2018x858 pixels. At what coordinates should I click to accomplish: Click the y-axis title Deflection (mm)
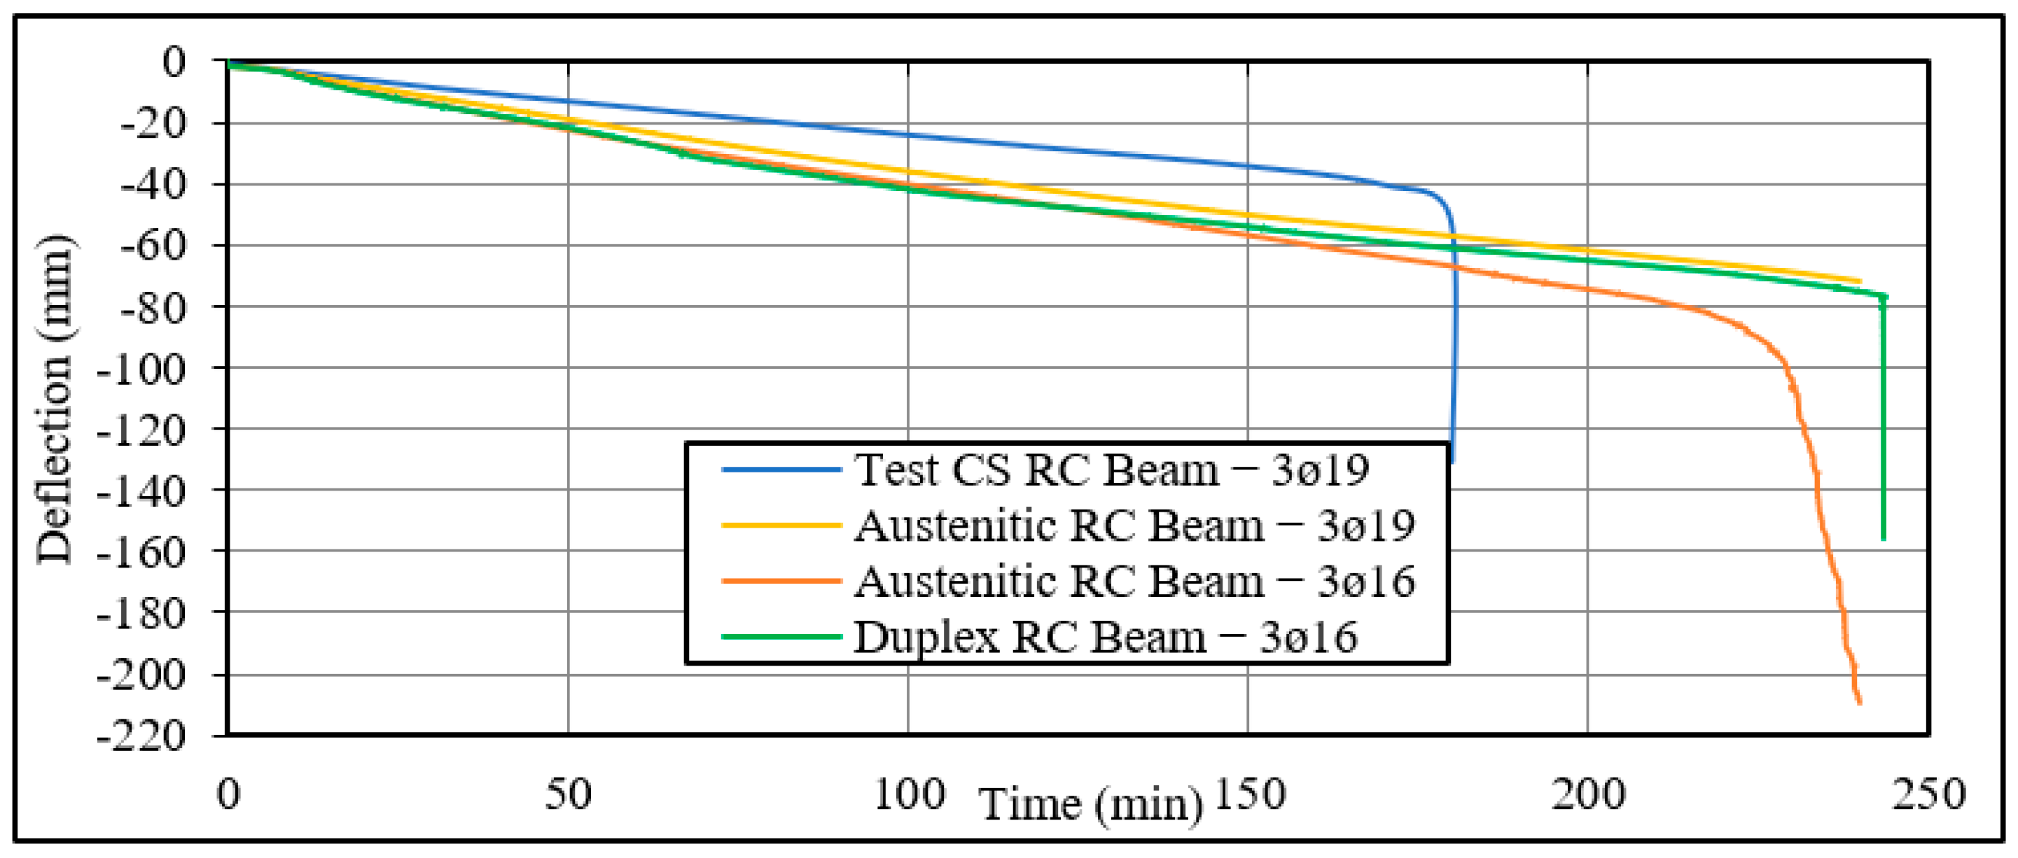click(x=55, y=399)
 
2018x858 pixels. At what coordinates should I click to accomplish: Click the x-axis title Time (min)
click(x=1091, y=805)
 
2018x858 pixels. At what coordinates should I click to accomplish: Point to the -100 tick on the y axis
click(x=140, y=369)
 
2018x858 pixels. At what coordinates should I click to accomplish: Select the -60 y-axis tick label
click(x=153, y=246)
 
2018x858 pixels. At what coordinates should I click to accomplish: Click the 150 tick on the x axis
click(x=1248, y=794)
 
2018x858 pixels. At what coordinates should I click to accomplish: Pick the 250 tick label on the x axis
click(x=1928, y=794)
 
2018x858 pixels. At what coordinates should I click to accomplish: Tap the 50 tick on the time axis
click(x=568, y=794)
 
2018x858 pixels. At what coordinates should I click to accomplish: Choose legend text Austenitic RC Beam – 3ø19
click(x=1134, y=526)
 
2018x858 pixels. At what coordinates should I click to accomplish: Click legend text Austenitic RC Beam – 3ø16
click(x=1134, y=582)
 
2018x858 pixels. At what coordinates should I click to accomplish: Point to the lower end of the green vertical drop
click(x=1884, y=539)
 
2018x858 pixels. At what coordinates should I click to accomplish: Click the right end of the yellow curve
click(x=1860, y=281)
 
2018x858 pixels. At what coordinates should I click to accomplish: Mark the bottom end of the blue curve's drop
click(x=1452, y=462)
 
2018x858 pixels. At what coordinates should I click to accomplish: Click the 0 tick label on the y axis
click(x=174, y=62)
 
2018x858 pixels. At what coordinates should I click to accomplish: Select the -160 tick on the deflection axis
click(x=140, y=553)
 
